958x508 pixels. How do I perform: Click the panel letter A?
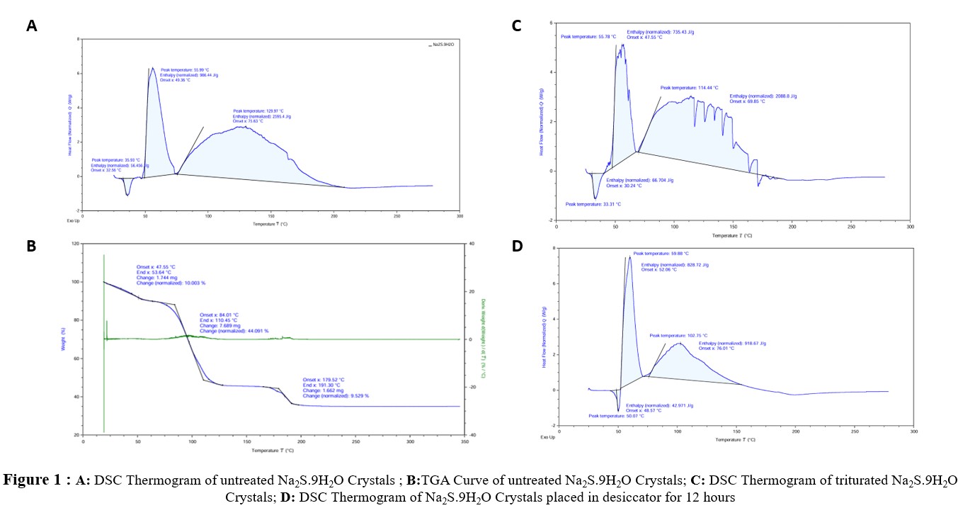[x=31, y=26]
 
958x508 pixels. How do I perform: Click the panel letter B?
[x=31, y=247]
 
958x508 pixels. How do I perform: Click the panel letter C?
[x=516, y=26]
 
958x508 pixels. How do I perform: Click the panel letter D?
[x=516, y=247]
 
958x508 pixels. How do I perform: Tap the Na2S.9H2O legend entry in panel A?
[x=444, y=45]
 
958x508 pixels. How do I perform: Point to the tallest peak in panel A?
[x=152, y=68]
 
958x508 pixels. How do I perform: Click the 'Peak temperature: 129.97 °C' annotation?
[x=258, y=111]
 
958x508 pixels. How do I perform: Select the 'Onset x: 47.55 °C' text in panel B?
[x=155, y=268]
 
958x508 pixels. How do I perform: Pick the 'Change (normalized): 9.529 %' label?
[x=336, y=396]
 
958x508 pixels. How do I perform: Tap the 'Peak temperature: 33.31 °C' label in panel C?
[x=593, y=204]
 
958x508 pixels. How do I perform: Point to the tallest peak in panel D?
[x=629, y=257]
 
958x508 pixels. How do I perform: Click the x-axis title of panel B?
[x=272, y=450]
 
